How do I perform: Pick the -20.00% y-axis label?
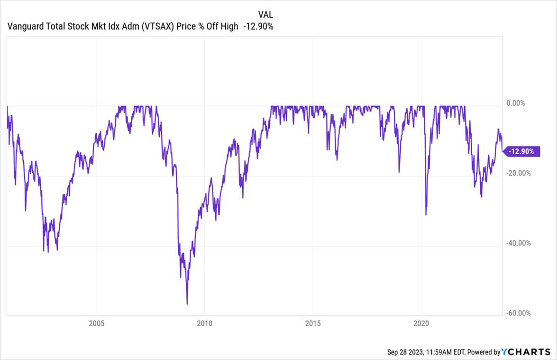tap(518, 173)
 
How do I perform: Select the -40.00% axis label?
tap(518, 243)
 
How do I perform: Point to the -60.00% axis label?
tap(518, 314)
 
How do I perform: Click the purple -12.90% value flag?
tap(521, 152)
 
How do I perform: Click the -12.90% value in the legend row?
tap(258, 27)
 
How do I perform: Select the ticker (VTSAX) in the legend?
tap(157, 27)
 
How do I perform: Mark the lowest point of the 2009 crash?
tap(187, 304)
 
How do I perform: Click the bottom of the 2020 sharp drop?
tap(426, 215)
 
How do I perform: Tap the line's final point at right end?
tap(502, 151)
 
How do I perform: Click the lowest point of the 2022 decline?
tap(481, 197)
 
